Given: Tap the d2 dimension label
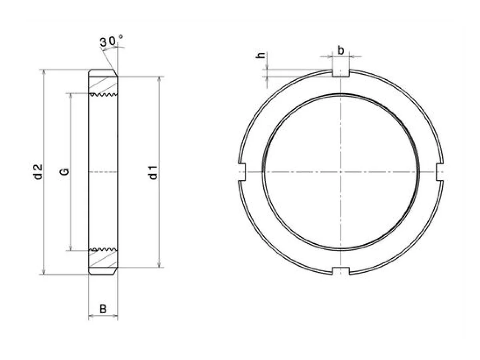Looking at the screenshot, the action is (x=38, y=172).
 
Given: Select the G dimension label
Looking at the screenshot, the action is (x=64, y=172).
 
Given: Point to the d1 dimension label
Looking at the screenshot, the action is (x=153, y=173).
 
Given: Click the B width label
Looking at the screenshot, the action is (x=103, y=309).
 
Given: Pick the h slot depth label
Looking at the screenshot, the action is (x=260, y=56).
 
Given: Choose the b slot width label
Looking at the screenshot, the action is (x=340, y=50).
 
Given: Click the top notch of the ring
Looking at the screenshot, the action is (x=340, y=73).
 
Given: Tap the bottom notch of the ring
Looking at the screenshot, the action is (x=341, y=271).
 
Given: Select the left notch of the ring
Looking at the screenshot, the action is (x=242, y=172).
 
